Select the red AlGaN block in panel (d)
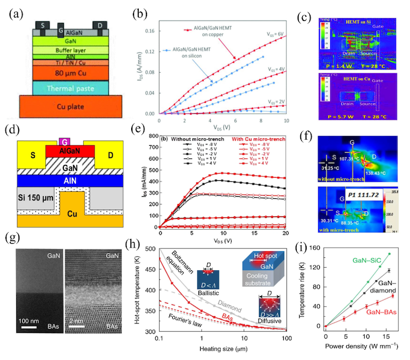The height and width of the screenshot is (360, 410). [66, 151]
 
